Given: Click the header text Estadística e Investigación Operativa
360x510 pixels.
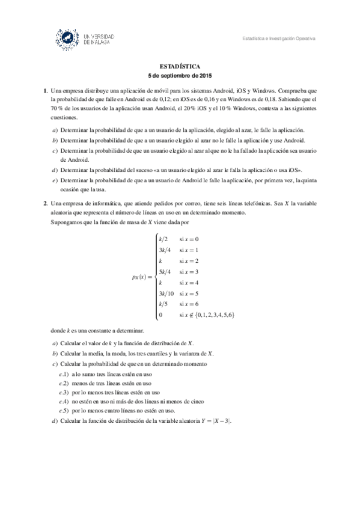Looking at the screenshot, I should click(279, 39).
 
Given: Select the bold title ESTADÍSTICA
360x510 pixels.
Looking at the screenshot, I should click(180, 67).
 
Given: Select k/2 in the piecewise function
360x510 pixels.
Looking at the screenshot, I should click(163, 239).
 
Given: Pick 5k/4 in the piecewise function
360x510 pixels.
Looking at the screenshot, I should click(165, 272).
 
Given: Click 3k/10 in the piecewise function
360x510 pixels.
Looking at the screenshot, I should click(166, 293).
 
